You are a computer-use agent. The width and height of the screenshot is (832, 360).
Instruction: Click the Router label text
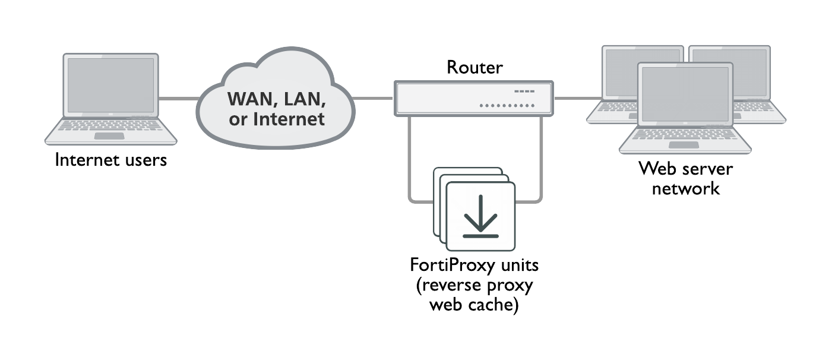[x=474, y=68]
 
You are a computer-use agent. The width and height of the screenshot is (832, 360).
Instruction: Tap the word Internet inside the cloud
[x=289, y=118]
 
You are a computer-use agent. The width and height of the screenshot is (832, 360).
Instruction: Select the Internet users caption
[x=110, y=160]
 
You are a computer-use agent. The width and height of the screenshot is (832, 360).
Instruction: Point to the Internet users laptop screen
[x=111, y=84]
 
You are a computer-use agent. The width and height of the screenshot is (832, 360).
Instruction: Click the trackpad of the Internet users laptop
[x=110, y=136]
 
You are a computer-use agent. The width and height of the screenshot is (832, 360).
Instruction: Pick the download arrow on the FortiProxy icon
[x=480, y=216]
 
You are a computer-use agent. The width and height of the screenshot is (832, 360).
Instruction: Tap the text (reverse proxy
[x=474, y=285]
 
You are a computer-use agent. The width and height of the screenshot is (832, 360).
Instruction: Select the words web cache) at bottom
[x=473, y=305]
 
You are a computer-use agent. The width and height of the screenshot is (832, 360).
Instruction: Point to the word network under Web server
[x=685, y=188]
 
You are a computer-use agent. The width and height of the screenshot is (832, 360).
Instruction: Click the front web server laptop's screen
[x=685, y=94]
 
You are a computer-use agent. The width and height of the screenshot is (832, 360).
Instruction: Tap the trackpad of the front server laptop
[x=685, y=145]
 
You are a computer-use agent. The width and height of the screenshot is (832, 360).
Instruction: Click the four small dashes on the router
[x=524, y=91]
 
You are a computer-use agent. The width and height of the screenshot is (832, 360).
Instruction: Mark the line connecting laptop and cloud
[x=178, y=98]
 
